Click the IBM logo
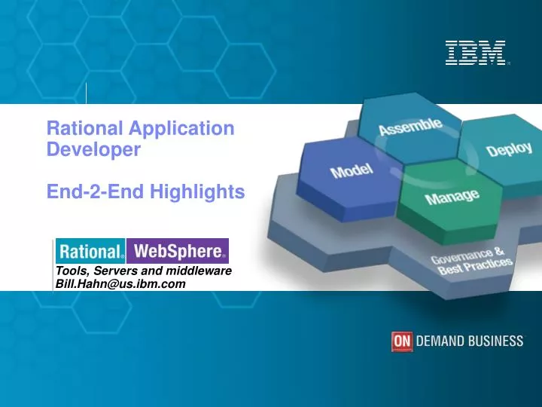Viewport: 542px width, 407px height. [475, 52]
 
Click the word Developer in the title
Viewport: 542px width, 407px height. [93, 149]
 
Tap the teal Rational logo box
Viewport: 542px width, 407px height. [91, 251]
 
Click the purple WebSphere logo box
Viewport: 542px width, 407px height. [178, 251]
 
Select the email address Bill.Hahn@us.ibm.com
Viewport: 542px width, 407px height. [120, 283]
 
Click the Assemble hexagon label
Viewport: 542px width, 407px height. [410, 126]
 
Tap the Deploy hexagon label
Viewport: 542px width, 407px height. [508, 149]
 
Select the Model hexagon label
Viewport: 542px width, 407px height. [352, 170]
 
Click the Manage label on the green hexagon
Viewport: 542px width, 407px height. [452, 197]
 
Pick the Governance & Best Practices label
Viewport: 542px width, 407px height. [471, 261]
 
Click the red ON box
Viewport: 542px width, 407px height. [402, 341]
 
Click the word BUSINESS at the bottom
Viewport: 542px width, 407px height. [496, 341]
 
